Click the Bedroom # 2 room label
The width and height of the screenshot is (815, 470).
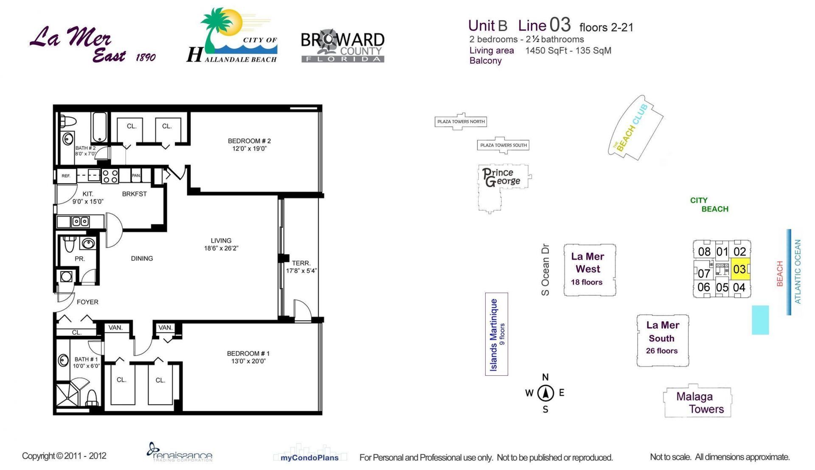(249, 141)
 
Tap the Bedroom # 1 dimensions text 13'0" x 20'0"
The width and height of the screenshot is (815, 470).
(248, 361)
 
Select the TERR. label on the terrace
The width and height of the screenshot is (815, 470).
(301, 263)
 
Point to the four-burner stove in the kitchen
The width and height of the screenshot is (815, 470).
(110, 176)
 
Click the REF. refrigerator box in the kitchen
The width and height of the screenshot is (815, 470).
(66, 176)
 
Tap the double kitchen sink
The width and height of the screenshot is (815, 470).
(80, 221)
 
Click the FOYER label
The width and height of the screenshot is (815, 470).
(87, 302)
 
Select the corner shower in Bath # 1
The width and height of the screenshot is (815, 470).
(68, 395)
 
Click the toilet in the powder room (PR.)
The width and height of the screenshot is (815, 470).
(69, 245)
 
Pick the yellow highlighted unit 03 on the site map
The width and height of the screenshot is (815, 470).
(740, 269)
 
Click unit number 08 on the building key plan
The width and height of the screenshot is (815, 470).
(704, 252)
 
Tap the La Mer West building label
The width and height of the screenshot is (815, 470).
(588, 263)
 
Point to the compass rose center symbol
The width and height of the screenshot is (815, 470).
(545, 393)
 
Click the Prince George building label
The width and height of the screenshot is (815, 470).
(502, 177)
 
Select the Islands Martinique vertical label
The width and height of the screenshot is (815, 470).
(494, 335)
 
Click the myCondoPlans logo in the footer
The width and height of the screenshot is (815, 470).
(309, 457)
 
